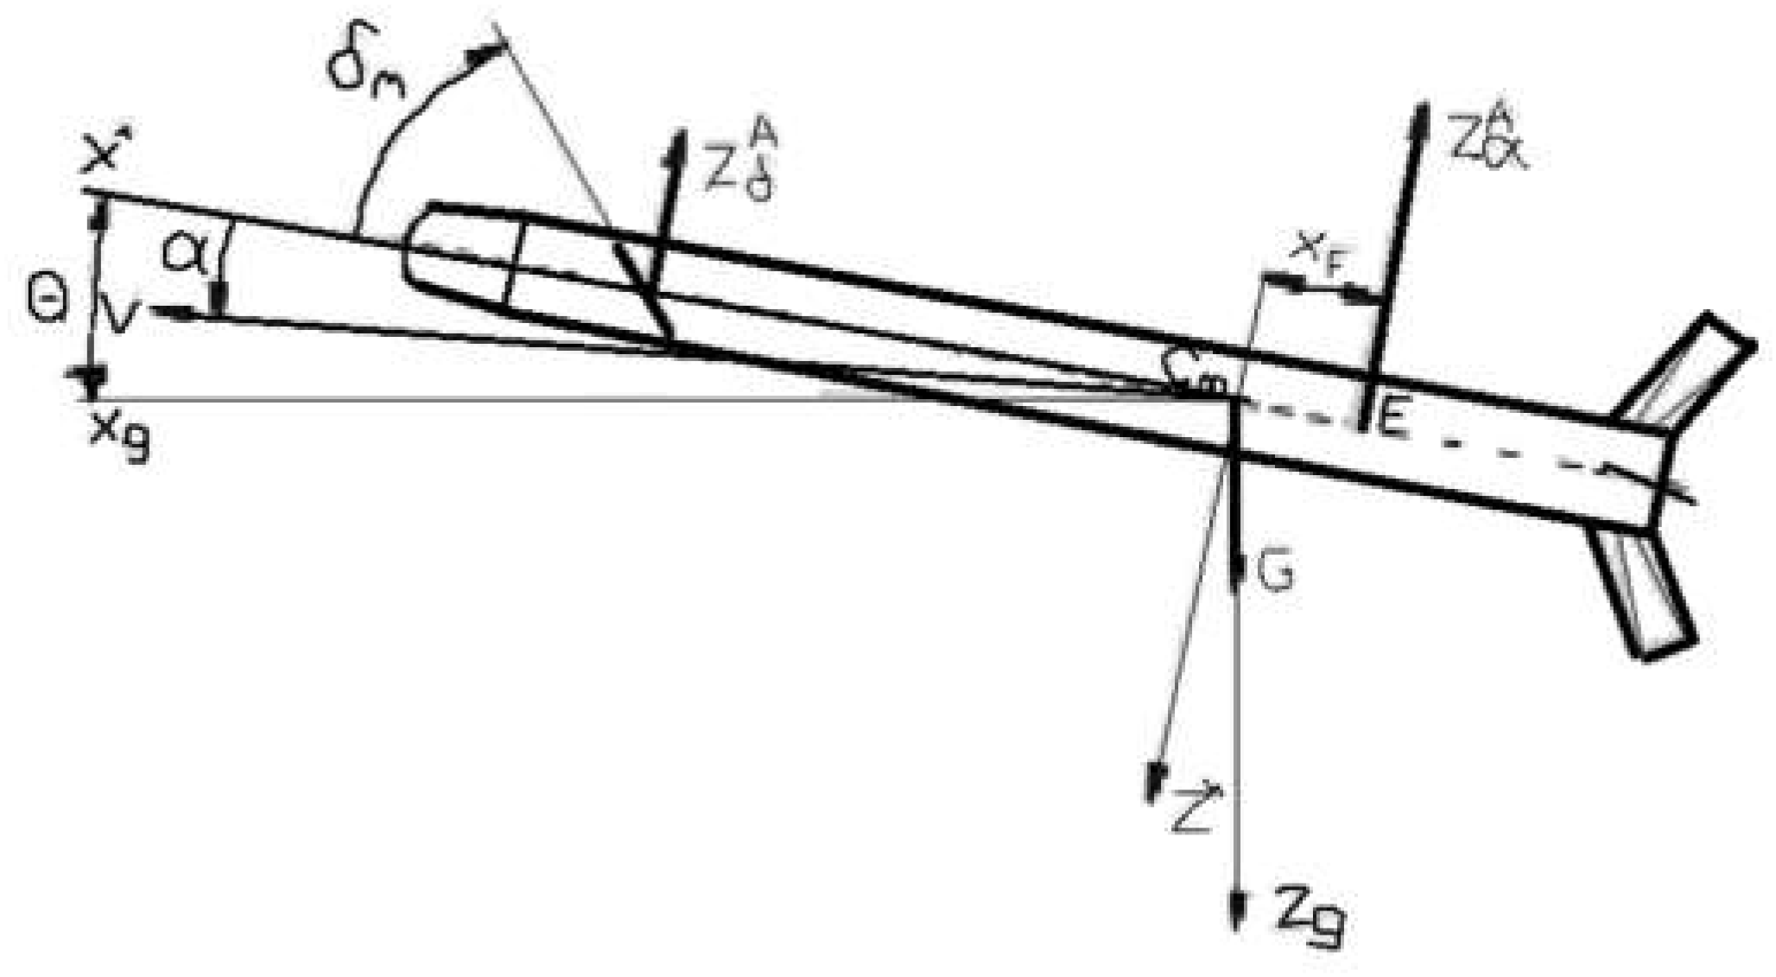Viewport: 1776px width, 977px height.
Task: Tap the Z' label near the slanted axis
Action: click(x=1195, y=808)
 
